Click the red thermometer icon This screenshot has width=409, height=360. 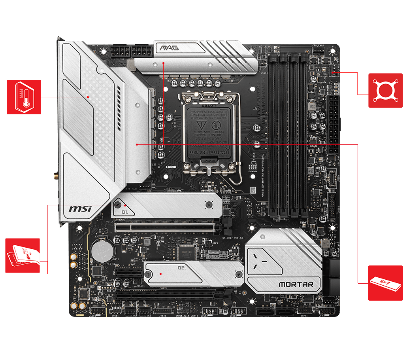(24, 97)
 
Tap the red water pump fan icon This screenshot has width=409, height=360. (385, 91)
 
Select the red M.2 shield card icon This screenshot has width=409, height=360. (23, 256)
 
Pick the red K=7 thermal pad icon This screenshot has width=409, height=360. (385, 283)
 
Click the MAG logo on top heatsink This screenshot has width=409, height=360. (169, 48)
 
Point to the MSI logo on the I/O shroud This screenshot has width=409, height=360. (80, 208)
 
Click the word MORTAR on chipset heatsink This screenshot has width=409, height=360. (296, 284)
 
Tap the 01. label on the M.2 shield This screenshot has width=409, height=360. (125, 212)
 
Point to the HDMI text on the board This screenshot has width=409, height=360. (171, 167)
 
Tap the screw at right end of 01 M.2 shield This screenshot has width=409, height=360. (208, 205)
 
